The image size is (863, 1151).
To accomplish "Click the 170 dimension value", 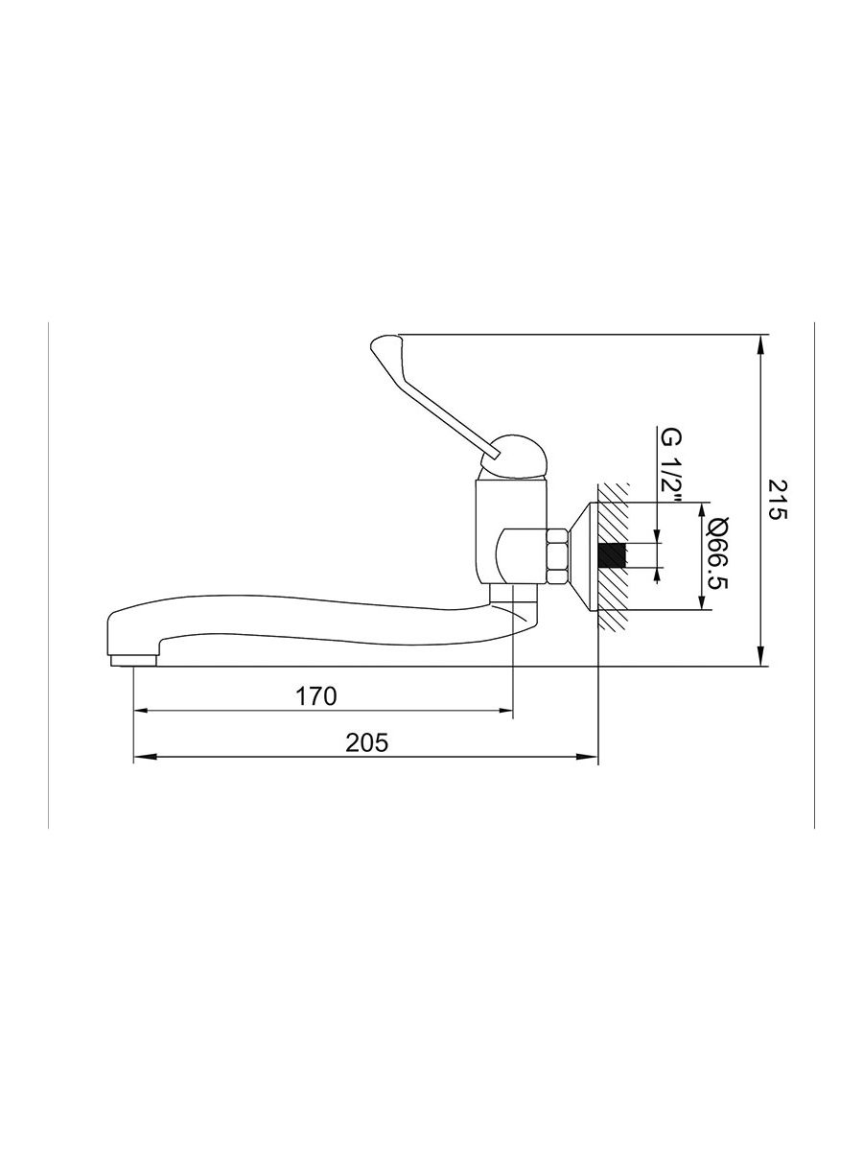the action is pyautogui.click(x=316, y=696).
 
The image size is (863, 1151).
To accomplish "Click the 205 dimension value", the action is pyautogui.click(x=367, y=742).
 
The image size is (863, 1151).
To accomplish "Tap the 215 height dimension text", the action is pyautogui.click(x=777, y=499).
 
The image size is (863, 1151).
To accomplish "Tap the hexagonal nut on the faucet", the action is pyautogui.click(x=556, y=555).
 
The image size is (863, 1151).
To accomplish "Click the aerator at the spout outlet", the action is pyautogui.click(x=133, y=660).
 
